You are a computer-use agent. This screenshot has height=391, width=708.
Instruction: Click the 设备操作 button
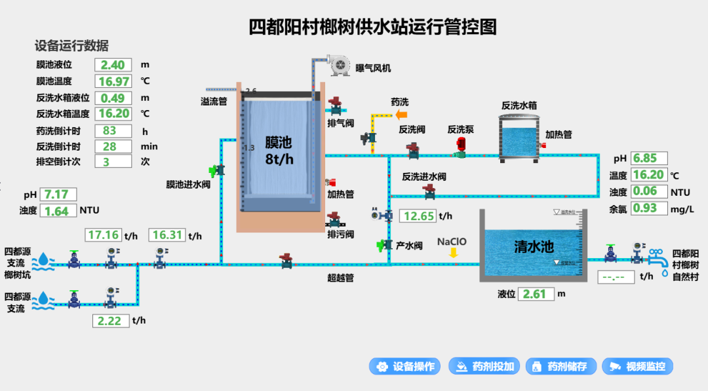pos(404,367)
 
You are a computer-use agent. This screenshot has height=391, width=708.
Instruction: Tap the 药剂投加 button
pos(486,367)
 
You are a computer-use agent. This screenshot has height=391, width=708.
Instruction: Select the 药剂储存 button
pos(562,367)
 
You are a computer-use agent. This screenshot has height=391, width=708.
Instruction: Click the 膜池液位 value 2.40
pos(113,65)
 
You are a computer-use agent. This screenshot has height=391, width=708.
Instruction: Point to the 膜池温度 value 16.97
pos(113,81)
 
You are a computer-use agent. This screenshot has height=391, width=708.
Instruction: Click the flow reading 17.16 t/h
pos(104,235)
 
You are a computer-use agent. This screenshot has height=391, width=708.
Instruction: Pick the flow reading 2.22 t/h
pos(109,320)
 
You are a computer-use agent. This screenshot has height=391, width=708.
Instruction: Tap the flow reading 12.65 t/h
pos(418,216)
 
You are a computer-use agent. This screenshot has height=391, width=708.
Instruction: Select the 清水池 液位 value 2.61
pos(536,294)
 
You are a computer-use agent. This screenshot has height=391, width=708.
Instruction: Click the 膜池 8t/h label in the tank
pos(278,151)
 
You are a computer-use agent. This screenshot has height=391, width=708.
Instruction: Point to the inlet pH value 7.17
pos(58,195)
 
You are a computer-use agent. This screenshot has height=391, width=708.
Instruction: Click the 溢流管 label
pos(214,102)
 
